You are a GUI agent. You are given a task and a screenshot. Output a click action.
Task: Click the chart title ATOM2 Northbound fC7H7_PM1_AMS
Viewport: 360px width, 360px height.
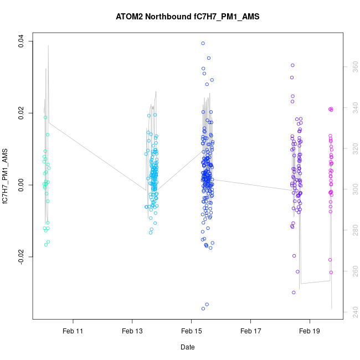[x=187, y=17]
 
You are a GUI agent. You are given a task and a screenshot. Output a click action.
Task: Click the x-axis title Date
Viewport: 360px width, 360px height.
[x=187, y=347]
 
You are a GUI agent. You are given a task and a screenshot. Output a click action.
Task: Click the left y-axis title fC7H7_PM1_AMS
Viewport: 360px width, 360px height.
[x=6, y=176]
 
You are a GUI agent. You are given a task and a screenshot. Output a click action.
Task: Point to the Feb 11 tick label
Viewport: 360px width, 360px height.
[x=73, y=331]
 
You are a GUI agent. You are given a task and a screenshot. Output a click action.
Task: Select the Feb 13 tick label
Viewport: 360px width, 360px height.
[x=132, y=331]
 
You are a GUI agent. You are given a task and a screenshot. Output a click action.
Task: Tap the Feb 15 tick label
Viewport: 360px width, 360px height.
[x=191, y=331]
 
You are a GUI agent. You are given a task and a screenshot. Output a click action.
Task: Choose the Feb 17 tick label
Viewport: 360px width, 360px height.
[x=250, y=331]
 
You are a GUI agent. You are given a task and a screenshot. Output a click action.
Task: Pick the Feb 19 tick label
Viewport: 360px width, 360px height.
[x=309, y=331]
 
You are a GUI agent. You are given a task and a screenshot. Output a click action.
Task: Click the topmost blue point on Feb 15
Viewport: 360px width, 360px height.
[x=203, y=43]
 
